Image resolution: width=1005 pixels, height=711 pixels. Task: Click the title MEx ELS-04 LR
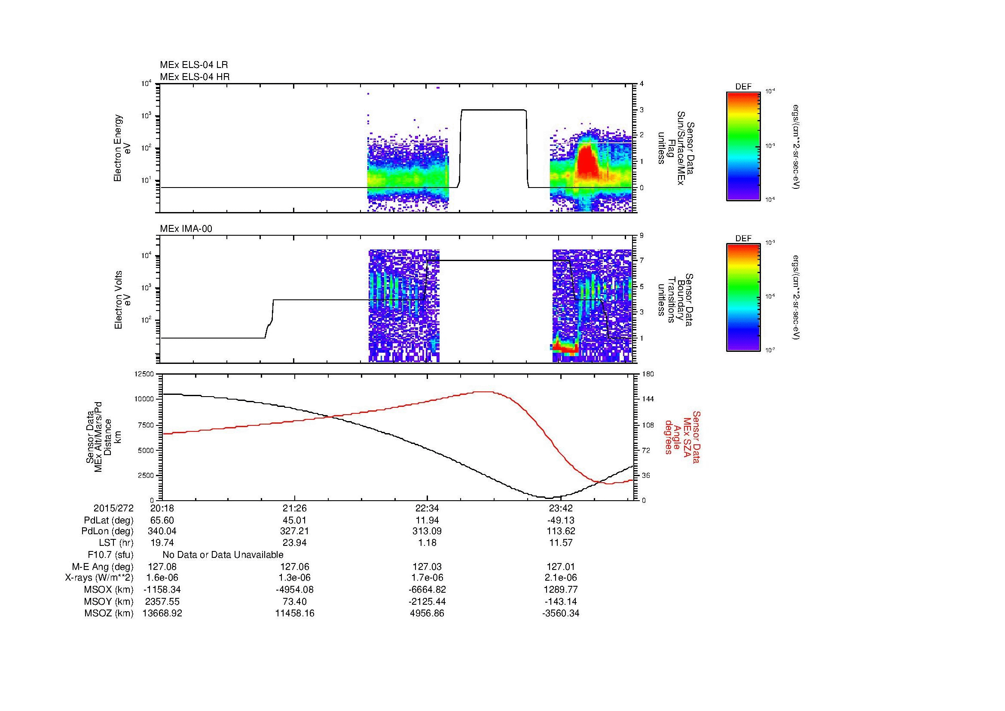(x=193, y=65)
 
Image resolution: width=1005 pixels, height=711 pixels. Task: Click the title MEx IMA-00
(x=186, y=229)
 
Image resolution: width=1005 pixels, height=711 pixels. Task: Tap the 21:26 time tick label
(x=295, y=508)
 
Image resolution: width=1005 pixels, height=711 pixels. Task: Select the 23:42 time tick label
(x=560, y=508)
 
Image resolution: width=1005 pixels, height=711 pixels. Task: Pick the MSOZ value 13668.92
(x=162, y=613)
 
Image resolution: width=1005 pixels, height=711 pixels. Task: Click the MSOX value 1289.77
(x=560, y=590)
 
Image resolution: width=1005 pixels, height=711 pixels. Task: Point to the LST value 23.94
(x=295, y=543)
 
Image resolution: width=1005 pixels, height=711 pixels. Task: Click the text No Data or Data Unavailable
(x=223, y=554)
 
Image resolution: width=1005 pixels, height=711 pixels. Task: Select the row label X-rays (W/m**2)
(x=99, y=578)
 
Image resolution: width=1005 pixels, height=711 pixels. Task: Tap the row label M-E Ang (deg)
(x=102, y=566)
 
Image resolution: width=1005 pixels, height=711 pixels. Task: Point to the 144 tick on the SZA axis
(x=648, y=399)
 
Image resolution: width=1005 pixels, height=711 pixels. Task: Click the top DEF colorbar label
(x=743, y=87)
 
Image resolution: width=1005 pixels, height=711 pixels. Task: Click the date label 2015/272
(x=113, y=508)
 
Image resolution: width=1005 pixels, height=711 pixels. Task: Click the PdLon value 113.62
(x=560, y=531)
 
